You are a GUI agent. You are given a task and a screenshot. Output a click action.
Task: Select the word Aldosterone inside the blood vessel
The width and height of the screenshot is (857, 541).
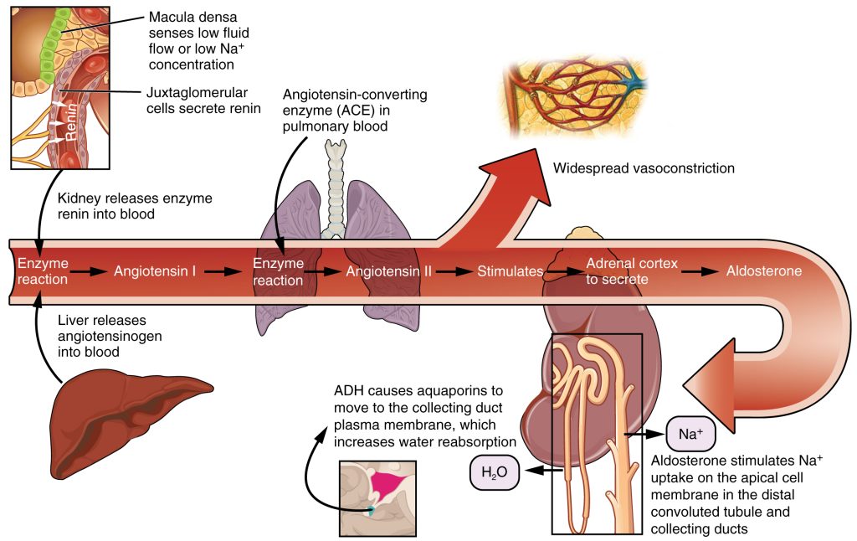[x=763, y=271]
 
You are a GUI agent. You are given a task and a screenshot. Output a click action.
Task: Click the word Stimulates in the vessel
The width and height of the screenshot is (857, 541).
[x=510, y=271]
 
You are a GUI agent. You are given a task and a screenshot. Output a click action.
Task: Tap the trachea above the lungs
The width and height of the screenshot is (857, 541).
[x=336, y=176]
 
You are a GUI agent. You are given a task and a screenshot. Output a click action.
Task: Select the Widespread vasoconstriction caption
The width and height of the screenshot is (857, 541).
[x=643, y=168]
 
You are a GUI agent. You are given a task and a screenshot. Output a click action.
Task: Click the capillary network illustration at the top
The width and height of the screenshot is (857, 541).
[x=577, y=91]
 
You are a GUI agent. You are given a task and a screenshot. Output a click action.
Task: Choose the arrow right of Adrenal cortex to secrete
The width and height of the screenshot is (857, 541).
[x=701, y=271]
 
